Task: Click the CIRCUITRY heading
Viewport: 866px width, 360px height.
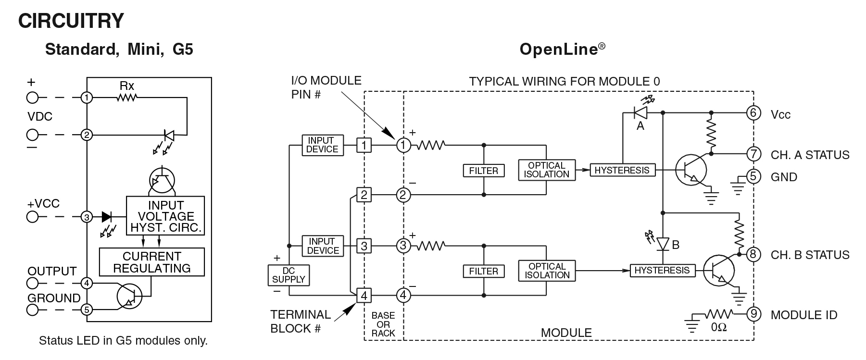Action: [x=71, y=21]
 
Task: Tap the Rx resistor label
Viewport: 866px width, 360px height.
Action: [x=127, y=86]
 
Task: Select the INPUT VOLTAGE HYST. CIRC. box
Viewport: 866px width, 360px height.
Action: [x=165, y=216]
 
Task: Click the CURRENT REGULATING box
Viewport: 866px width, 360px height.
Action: [x=152, y=262]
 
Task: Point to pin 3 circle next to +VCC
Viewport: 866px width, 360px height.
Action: [x=87, y=217]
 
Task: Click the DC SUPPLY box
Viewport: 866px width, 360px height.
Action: [x=289, y=275]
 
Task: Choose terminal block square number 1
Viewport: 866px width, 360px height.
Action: [x=364, y=145]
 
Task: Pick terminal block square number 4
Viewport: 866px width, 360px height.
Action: [x=364, y=295]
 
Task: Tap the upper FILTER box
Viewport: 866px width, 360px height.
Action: [x=483, y=171]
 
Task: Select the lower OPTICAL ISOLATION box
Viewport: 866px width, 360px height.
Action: [x=547, y=271]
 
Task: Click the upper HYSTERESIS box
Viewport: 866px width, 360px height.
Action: [x=622, y=170]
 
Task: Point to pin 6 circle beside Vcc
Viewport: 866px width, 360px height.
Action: [x=753, y=113]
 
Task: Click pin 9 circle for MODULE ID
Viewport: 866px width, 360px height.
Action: [x=753, y=314]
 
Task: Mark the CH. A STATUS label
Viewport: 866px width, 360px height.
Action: [x=810, y=155]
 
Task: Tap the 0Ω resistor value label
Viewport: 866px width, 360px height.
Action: [x=718, y=327]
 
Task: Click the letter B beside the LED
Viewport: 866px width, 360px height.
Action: [x=676, y=245]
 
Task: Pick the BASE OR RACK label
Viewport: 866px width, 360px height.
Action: [x=383, y=324]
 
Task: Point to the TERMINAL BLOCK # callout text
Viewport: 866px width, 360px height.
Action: [x=300, y=321]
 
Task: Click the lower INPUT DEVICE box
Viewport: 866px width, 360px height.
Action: [x=323, y=246]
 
